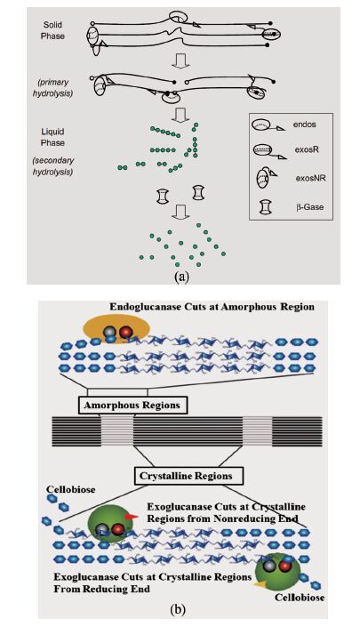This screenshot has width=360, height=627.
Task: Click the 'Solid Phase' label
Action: click(52, 30)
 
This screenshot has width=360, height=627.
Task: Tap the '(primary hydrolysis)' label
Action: click(52, 88)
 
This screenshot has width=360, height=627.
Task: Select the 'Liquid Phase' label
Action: click(52, 137)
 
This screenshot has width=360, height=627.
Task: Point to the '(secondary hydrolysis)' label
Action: click(52, 166)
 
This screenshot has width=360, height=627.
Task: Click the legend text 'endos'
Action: click(304, 125)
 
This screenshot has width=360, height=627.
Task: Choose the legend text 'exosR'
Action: click(306, 150)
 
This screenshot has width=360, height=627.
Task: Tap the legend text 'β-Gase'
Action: click(309, 207)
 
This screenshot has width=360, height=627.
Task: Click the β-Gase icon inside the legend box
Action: click(265, 207)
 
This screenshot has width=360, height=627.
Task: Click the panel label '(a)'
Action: click(181, 277)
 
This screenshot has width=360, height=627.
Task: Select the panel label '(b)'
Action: click(178, 609)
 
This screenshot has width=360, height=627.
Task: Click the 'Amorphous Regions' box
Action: click(132, 405)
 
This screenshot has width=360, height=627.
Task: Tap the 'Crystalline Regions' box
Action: click(186, 476)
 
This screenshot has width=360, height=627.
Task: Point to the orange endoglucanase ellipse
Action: click(116, 329)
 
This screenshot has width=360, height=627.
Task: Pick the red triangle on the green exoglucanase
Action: click(131, 517)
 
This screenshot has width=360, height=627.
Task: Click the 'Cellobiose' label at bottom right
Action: click(300, 598)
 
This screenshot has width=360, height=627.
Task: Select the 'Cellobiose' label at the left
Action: click(71, 489)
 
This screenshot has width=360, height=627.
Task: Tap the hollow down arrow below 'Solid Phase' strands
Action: click(180, 62)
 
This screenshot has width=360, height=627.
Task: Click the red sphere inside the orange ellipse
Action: click(126, 332)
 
